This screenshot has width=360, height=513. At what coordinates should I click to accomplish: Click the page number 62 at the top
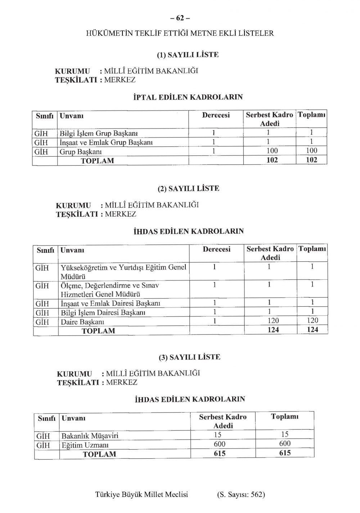point(180,18)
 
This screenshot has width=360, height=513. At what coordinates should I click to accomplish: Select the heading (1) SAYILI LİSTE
point(188,55)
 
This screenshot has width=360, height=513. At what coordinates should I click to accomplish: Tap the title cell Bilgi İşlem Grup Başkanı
point(99,133)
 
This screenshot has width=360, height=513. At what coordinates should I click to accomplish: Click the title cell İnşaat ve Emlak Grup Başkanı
point(106,142)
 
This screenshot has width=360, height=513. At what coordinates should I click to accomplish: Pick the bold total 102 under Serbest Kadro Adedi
point(272,160)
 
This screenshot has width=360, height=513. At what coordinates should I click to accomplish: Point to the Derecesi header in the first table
point(216,115)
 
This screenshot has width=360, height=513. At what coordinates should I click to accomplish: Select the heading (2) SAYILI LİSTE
point(188,188)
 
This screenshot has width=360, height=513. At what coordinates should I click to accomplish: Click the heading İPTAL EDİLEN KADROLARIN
point(188,97)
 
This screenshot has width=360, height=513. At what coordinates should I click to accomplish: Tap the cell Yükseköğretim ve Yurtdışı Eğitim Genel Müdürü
point(123,272)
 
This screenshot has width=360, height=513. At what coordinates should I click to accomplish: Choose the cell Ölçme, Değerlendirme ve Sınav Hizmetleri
point(110,289)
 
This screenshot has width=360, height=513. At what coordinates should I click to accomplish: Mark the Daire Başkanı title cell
point(82,322)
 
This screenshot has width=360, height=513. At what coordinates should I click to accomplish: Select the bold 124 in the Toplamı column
point(312,329)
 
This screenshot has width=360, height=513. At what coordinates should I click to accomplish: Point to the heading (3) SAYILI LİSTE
point(189,357)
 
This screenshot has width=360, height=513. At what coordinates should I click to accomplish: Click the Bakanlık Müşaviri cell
point(90,436)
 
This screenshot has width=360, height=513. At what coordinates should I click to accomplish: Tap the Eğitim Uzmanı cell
point(85,445)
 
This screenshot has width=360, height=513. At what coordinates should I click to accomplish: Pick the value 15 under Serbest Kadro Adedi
point(217,435)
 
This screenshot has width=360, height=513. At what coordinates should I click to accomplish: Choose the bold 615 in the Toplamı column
point(285,453)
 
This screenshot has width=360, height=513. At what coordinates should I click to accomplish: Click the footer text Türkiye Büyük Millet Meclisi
point(141,494)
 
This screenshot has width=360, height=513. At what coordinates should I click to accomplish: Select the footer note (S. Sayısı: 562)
point(241,494)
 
